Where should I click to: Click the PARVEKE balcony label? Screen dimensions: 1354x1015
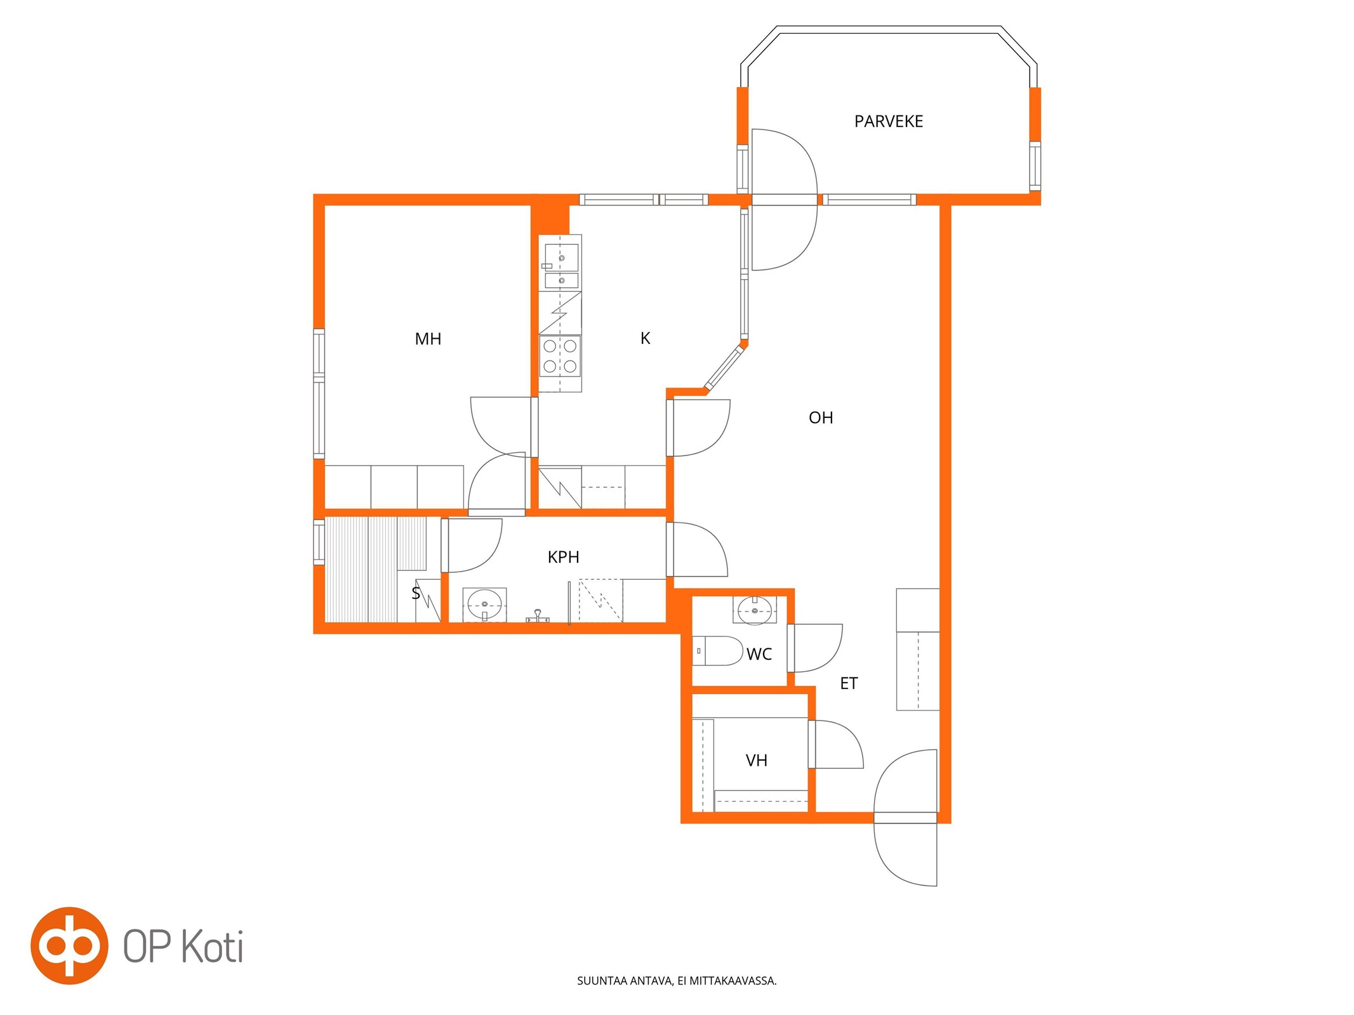tap(888, 121)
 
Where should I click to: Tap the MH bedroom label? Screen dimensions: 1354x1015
tap(428, 339)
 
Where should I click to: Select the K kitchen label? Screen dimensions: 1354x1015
tap(645, 338)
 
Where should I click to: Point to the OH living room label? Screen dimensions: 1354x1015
tap(821, 417)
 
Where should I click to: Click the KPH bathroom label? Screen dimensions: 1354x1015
tap(563, 557)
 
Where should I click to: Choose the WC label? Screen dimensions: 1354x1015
tap(759, 654)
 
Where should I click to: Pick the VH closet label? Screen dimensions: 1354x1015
tap(756, 760)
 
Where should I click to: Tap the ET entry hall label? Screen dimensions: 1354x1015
tap(849, 683)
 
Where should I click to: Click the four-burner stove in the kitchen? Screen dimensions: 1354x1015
tap(560, 356)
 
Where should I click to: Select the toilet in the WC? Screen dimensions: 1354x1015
tap(717, 651)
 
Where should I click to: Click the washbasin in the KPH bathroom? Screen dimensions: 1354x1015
tap(484, 605)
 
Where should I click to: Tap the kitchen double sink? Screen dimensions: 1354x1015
tap(561, 266)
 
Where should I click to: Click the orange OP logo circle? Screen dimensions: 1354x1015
tap(70, 946)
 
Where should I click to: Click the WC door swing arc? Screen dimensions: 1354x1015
tap(828, 650)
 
